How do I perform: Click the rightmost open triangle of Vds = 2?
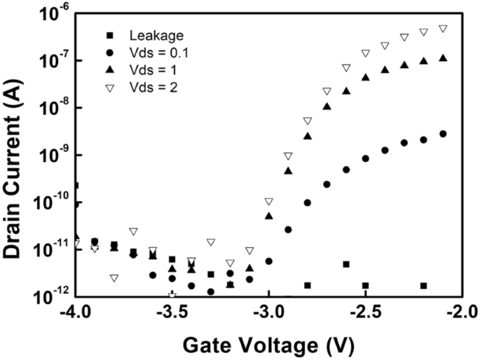[x=443, y=29]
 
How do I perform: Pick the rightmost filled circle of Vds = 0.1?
[x=443, y=134]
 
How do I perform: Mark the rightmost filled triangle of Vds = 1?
[x=443, y=58]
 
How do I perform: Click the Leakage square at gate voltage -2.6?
[x=346, y=264]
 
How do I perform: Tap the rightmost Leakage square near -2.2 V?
[x=423, y=286]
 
